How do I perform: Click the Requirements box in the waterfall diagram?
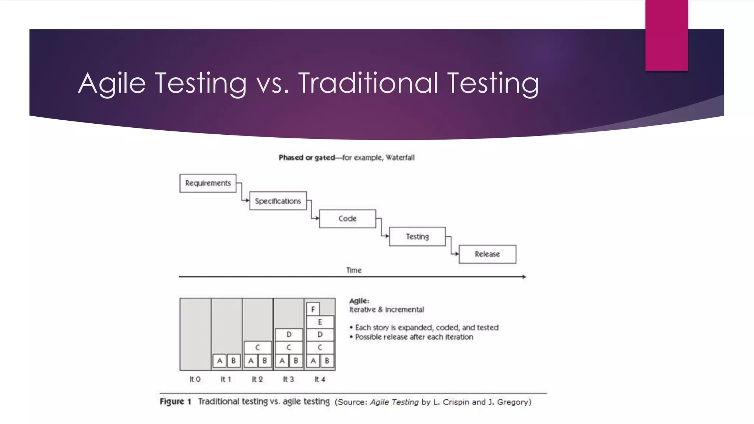(x=208, y=183)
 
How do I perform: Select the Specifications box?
(x=278, y=201)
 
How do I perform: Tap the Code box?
(x=348, y=219)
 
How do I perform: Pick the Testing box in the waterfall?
(x=417, y=236)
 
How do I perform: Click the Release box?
(x=487, y=254)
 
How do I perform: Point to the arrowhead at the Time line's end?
(x=524, y=276)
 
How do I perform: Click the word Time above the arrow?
(x=354, y=270)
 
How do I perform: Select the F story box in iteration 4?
(x=313, y=309)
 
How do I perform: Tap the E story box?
(x=320, y=322)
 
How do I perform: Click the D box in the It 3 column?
(x=289, y=335)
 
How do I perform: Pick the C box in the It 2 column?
(x=258, y=347)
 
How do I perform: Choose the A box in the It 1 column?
(x=220, y=361)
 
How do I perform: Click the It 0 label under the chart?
(x=195, y=379)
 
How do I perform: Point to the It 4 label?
(x=320, y=379)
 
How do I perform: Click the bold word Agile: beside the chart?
(x=359, y=301)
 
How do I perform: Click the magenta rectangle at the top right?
(x=666, y=35)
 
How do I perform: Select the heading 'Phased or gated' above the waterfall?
(x=306, y=158)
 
